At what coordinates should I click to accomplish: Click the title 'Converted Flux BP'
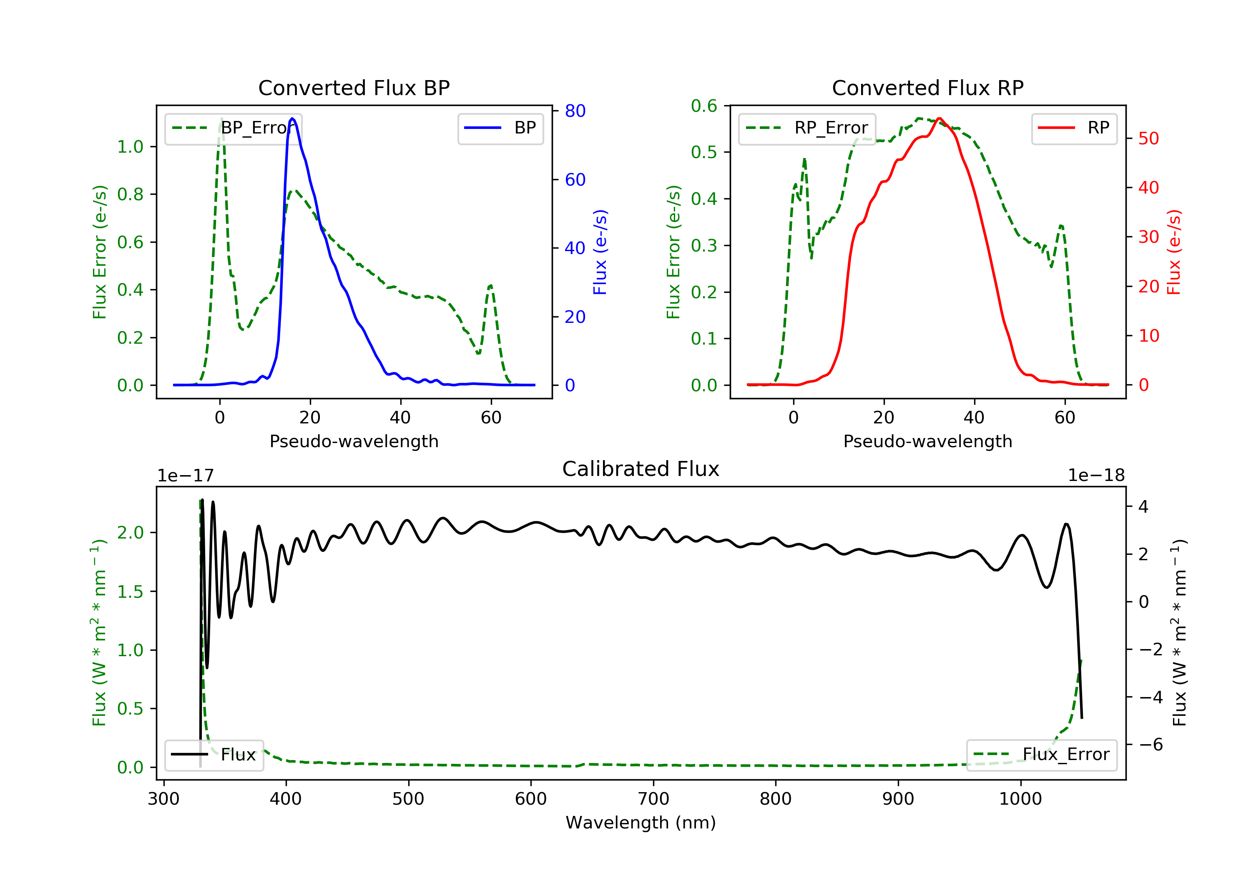(x=354, y=88)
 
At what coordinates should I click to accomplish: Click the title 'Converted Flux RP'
(x=927, y=88)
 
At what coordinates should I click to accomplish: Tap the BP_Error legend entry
(x=233, y=128)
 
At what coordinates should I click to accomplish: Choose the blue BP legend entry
(x=500, y=128)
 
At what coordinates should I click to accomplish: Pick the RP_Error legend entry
(x=807, y=128)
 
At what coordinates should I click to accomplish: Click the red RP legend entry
(x=1074, y=128)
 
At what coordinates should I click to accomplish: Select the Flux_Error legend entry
(x=1041, y=755)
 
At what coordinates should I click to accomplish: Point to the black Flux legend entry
(x=214, y=755)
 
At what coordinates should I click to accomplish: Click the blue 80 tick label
(x=575, y=111)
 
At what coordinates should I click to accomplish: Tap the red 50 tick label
(x=1148, y=138)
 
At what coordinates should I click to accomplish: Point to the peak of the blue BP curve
(x=293, y=118)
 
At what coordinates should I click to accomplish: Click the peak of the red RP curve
(x=940, y=118)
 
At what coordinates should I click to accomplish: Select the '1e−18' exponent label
(x=1096, y=476)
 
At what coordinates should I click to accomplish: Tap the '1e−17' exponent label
(x=186, y=476)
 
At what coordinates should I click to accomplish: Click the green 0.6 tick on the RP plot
(x=704, y=106)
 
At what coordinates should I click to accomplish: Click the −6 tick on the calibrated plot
(x=1150, y=745)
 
